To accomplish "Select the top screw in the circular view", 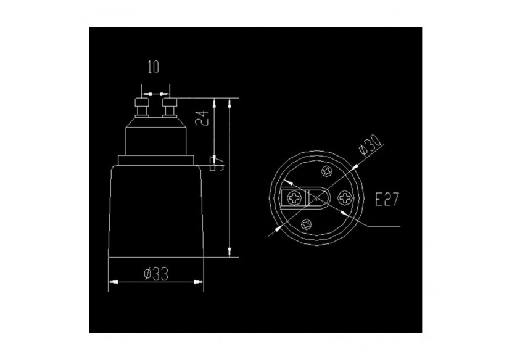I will click(326, 171).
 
